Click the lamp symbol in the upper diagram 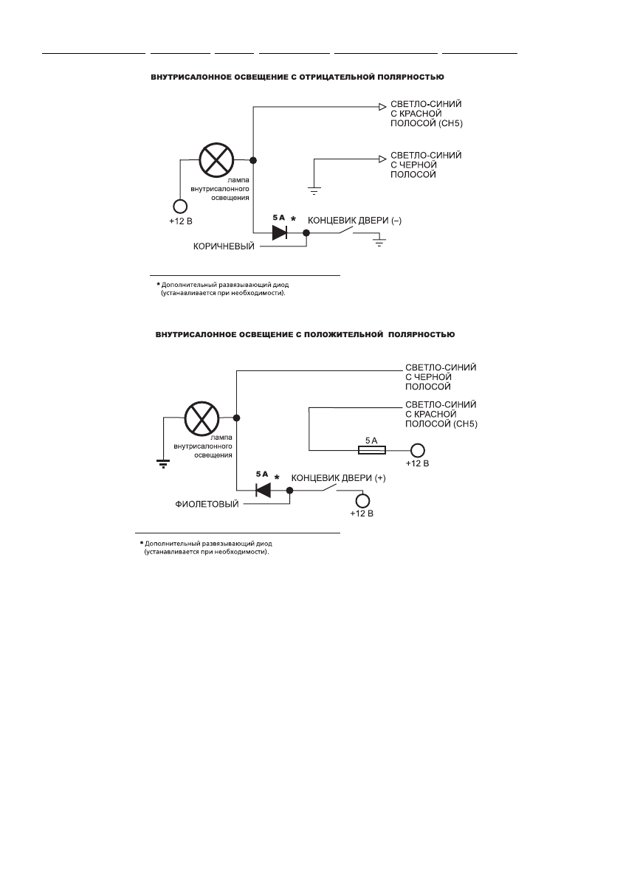217,160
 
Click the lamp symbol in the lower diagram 200,418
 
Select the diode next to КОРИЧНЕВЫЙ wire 280,232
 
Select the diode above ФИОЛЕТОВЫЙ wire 262,490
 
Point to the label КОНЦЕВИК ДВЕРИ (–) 354,220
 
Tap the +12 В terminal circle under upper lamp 179,207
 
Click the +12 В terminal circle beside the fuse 418,450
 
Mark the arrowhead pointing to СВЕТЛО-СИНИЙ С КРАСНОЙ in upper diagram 382,107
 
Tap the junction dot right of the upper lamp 253,160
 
